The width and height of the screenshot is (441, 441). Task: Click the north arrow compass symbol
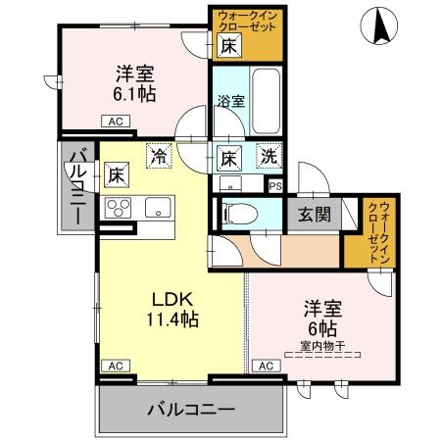(379, 26)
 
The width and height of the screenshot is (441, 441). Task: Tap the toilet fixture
(239, 215)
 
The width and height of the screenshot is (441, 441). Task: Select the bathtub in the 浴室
(267, 101)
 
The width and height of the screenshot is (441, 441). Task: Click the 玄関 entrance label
(315, 215)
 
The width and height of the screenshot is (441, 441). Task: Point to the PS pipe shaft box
(275, 186)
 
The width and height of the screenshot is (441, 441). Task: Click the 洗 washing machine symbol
(269, 156)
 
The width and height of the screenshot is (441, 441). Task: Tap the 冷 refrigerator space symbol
(159, 156)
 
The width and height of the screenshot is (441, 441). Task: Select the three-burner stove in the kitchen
(118, 208)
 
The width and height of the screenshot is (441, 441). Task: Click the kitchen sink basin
(158, 207)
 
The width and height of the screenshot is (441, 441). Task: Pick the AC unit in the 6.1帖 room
(116, 122)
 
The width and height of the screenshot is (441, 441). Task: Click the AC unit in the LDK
(116, 366)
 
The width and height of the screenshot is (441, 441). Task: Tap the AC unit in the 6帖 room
(267, 366)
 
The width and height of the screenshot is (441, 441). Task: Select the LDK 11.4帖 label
(172, 309)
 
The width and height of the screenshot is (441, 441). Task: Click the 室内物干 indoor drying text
(322, 346)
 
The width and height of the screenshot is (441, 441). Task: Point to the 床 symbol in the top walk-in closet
(229, 45)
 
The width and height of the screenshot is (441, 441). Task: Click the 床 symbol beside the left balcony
(117, 174)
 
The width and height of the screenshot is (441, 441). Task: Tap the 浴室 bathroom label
(231, 101)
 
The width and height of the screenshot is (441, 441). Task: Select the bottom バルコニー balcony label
(191, 410)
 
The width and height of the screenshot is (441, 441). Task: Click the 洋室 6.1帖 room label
(134, 83)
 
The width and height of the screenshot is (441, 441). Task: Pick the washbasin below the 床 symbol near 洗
(230, 183)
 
